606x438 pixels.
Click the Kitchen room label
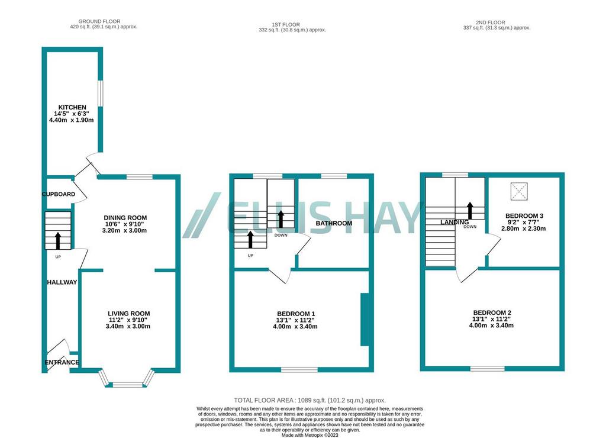click(x=72, y=107)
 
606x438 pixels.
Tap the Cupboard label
click(x=59, y=194)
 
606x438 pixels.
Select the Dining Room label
click(x=125, y=218)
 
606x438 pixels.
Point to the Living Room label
click(x=128, y=314)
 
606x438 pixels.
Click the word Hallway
click(x=62, y=282)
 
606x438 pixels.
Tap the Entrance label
click(x=62, y=362)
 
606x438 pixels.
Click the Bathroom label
click(x=334, y=223)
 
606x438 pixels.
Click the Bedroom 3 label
click(x=524, y=215)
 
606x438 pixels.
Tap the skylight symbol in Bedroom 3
click(x=519, y=191)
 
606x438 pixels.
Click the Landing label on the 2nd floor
click(x=454, y=223)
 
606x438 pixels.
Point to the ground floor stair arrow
click(x=58, y=240)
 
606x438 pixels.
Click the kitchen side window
click(x=100, y=93)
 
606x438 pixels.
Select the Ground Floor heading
click(x=99, y=21)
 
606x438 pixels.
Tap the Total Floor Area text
click(x=310, y=401)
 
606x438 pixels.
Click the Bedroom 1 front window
click(x=299, y=370)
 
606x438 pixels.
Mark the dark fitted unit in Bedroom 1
click(x=365, y=319)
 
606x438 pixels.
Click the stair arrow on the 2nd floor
click(x=470, y=210)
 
